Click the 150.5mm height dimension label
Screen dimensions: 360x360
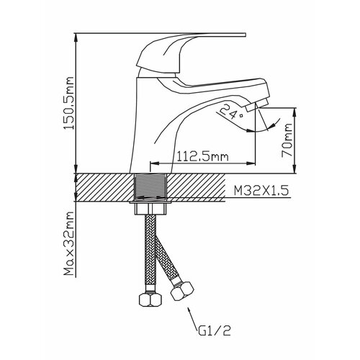point(68,103)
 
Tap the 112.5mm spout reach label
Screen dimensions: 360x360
point(202,156)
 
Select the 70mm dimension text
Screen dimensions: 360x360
point(287,140)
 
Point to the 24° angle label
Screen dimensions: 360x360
point(230,112)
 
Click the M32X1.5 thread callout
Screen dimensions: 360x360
point(261,191)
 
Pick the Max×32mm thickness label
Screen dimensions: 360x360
point(68,243)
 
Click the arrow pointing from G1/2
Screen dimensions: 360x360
point(192,316)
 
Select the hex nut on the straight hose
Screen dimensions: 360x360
point(150,300)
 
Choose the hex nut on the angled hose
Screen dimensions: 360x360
point(182,291)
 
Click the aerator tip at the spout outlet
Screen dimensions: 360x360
point(257,106)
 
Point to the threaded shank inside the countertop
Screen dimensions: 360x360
point(150,188)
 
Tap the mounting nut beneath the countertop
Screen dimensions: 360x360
point(150,208)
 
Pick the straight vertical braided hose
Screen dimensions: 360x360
point(150,251)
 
